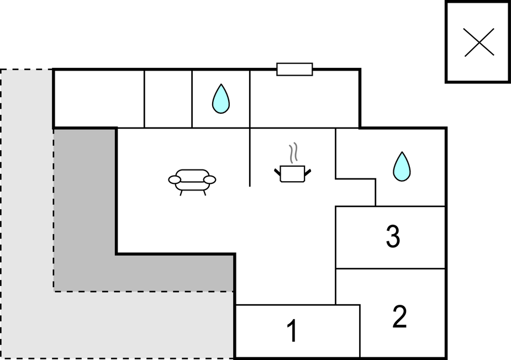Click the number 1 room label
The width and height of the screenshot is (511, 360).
coord(292,331)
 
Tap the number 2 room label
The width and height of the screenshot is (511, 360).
coord(399,317)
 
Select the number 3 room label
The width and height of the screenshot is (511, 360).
coord(393,237)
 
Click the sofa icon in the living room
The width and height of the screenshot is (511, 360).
coord(192,181)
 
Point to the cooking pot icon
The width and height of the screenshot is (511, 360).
coord(293,173)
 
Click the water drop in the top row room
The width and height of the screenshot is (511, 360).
coord(221,99)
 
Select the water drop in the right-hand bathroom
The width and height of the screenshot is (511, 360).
coord(402,166)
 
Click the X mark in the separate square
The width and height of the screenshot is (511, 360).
coord(479,42)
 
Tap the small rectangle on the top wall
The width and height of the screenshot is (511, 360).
coord(294,69)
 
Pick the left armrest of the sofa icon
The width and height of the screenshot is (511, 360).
coord(175,179)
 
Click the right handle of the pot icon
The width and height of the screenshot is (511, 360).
coord(308,173)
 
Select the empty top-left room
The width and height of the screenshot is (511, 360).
coord(98,99)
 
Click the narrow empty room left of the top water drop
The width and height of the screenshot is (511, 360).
coord(168,99)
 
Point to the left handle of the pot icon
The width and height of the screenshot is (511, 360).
coord(277,173)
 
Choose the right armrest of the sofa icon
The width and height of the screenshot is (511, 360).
coord(209,179)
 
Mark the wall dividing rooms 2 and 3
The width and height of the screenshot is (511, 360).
coord(391,269)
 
